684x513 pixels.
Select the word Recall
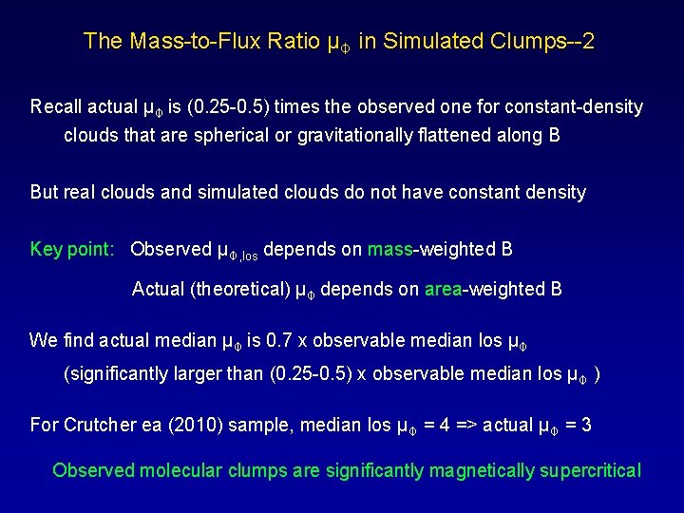pyautogui.click(x=61, y=106)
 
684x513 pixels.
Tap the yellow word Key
pyautogui.click(x=47, y=249)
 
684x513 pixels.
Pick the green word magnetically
pyautogui.click(x=484, y=470)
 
